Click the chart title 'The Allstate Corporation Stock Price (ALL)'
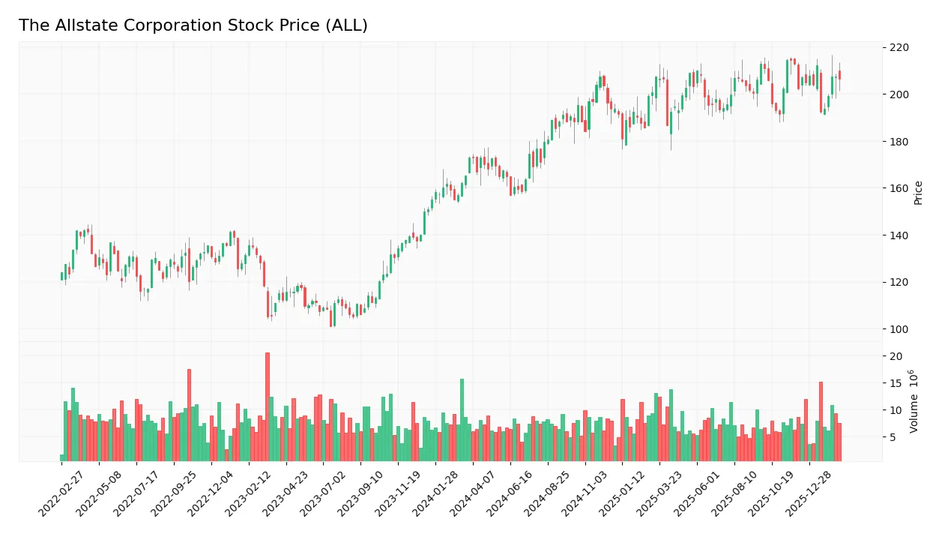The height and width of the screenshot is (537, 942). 193,25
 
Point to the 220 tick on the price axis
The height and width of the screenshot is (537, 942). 899,47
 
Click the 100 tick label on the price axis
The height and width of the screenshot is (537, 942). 899,329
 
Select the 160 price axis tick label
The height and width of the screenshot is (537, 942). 899,188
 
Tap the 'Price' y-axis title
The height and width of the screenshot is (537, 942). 918,193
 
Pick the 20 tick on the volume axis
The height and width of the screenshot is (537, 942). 896,356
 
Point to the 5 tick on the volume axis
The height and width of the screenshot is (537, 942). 893,437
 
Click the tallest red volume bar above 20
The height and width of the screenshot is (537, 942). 267,406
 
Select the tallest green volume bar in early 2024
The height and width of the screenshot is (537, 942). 462,419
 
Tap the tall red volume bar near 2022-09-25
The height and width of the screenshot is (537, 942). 189,415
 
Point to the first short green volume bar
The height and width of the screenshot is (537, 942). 62,457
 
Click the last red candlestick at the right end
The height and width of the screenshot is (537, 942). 839,75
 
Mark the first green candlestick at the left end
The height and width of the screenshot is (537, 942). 62,276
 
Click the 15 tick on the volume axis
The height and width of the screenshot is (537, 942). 896,383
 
